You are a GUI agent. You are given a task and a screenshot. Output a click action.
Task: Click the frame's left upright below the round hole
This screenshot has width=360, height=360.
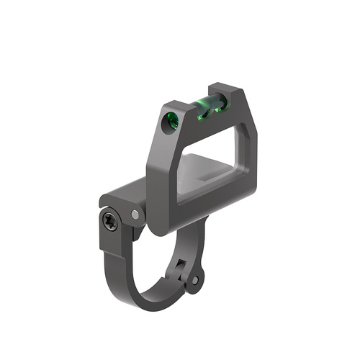(x=162, y=173)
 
